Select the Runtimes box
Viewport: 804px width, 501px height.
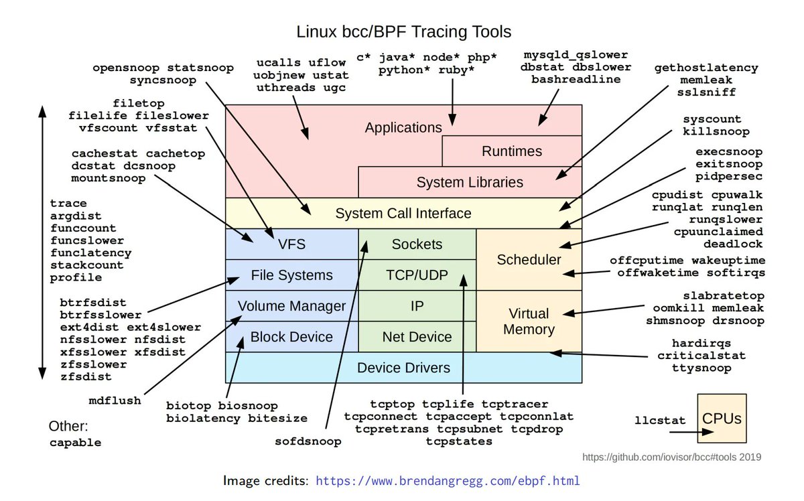(512, 151)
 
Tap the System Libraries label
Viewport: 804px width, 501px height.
(470, 182)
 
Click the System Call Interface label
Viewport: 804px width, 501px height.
(403, 214)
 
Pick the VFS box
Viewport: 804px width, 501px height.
(291, 244)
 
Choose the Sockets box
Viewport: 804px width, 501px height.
(417, 244)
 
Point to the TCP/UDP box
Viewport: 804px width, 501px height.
(417, 275)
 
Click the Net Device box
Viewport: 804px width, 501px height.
(417, 337)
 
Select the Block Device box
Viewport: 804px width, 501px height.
(291, 337)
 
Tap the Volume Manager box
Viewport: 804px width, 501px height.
(291, 306)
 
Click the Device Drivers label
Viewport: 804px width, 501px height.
(403, 368)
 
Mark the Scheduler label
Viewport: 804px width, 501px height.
(529, 259)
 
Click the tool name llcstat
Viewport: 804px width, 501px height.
(660, 421)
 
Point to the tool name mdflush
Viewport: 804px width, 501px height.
(115, 401)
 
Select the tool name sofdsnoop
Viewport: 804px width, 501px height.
(308, 441)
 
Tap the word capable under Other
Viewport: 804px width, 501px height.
(76, 443)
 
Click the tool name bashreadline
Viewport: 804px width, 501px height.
(576, 79)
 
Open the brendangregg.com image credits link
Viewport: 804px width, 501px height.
(448, 481)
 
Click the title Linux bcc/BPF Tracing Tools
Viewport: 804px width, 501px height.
(403, 31)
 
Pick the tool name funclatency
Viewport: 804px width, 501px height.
(90, 253)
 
